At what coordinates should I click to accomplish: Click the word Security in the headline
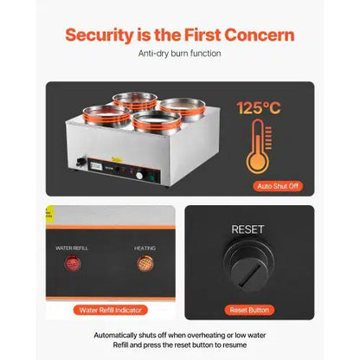[99, 35]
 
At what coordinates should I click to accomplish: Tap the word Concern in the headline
[260, 35]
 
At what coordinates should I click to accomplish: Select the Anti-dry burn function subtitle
[179, 54]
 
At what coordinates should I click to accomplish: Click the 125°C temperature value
[259, 108]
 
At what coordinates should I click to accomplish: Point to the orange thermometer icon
[259, 147]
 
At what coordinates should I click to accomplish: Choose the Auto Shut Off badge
[278, 186]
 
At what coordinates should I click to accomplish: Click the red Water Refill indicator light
[72, 263]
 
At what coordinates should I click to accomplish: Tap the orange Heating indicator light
[145, 263]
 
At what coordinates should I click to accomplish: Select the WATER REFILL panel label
[72, 248]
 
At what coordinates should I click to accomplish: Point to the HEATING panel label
[145, 248]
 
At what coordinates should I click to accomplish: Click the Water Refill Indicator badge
[111, 310]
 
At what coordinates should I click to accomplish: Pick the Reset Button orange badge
[249, 310]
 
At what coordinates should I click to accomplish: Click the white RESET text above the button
[247, 229]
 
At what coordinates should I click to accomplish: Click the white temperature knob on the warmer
[139, 175]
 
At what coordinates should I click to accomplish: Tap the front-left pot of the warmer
[106, 115]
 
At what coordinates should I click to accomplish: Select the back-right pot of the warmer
[183, 107]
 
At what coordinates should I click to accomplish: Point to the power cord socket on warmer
[81, 162]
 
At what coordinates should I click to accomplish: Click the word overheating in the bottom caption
[206, 336]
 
